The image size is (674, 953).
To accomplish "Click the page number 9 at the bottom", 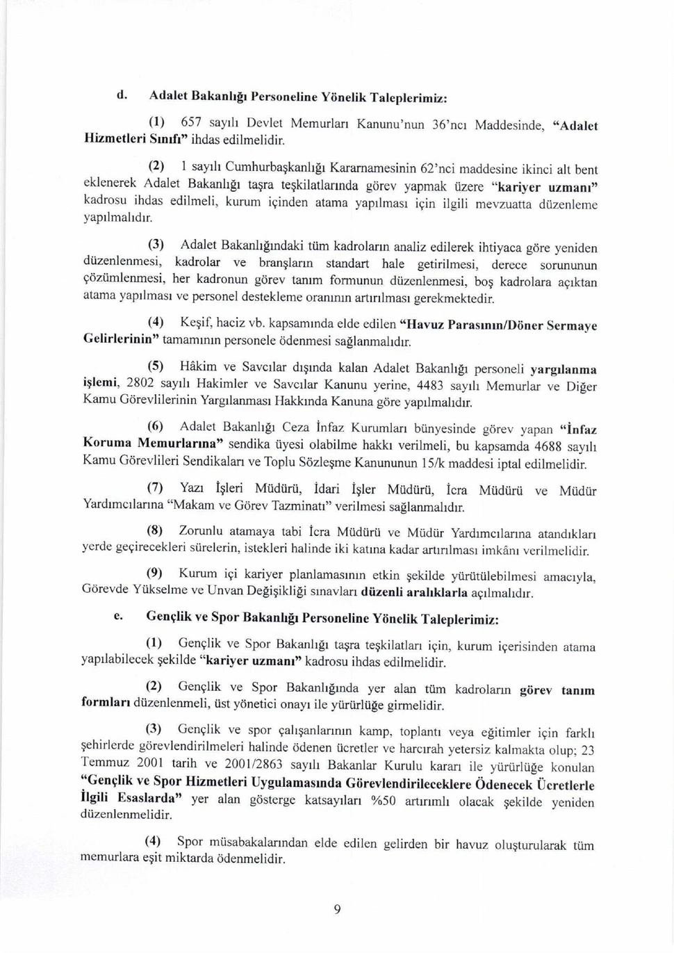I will pyautogui.click(x=337, y=909).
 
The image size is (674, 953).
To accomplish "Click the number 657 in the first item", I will pyautogui.click(x=191, y=122).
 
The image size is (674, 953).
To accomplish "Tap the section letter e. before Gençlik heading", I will pyautogui.click(x=120, y=616).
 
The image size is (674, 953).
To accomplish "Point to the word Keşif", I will pyautogui.click(x=196, y=323).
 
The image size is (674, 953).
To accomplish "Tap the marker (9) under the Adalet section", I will pyautogui.click(x=154, y=573).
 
